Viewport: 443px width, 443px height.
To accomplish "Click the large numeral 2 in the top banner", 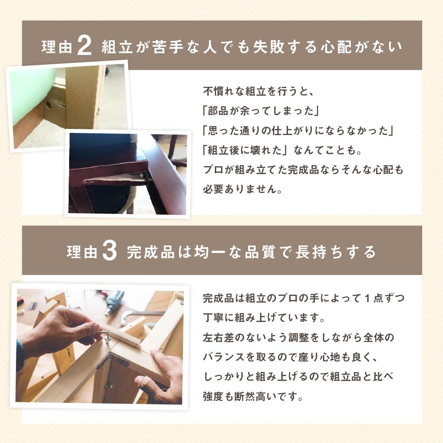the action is click(84, 46).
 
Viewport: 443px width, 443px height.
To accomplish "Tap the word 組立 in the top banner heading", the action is click(117, 47).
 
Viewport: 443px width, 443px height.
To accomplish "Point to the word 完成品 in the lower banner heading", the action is click(151, 252).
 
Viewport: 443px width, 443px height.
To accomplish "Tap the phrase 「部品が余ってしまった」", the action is click(261, 111).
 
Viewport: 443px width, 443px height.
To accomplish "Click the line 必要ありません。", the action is click(242, 189).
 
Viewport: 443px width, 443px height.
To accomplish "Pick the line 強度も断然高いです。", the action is click(253, 396).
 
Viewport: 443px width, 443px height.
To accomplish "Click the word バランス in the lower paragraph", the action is click(224, 357).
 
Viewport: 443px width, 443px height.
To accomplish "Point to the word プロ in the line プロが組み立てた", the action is click(214, 170).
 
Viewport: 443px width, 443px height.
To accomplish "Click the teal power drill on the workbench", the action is click(113, 302).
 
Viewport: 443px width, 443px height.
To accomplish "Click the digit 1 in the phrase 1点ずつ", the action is click(367, 298).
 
